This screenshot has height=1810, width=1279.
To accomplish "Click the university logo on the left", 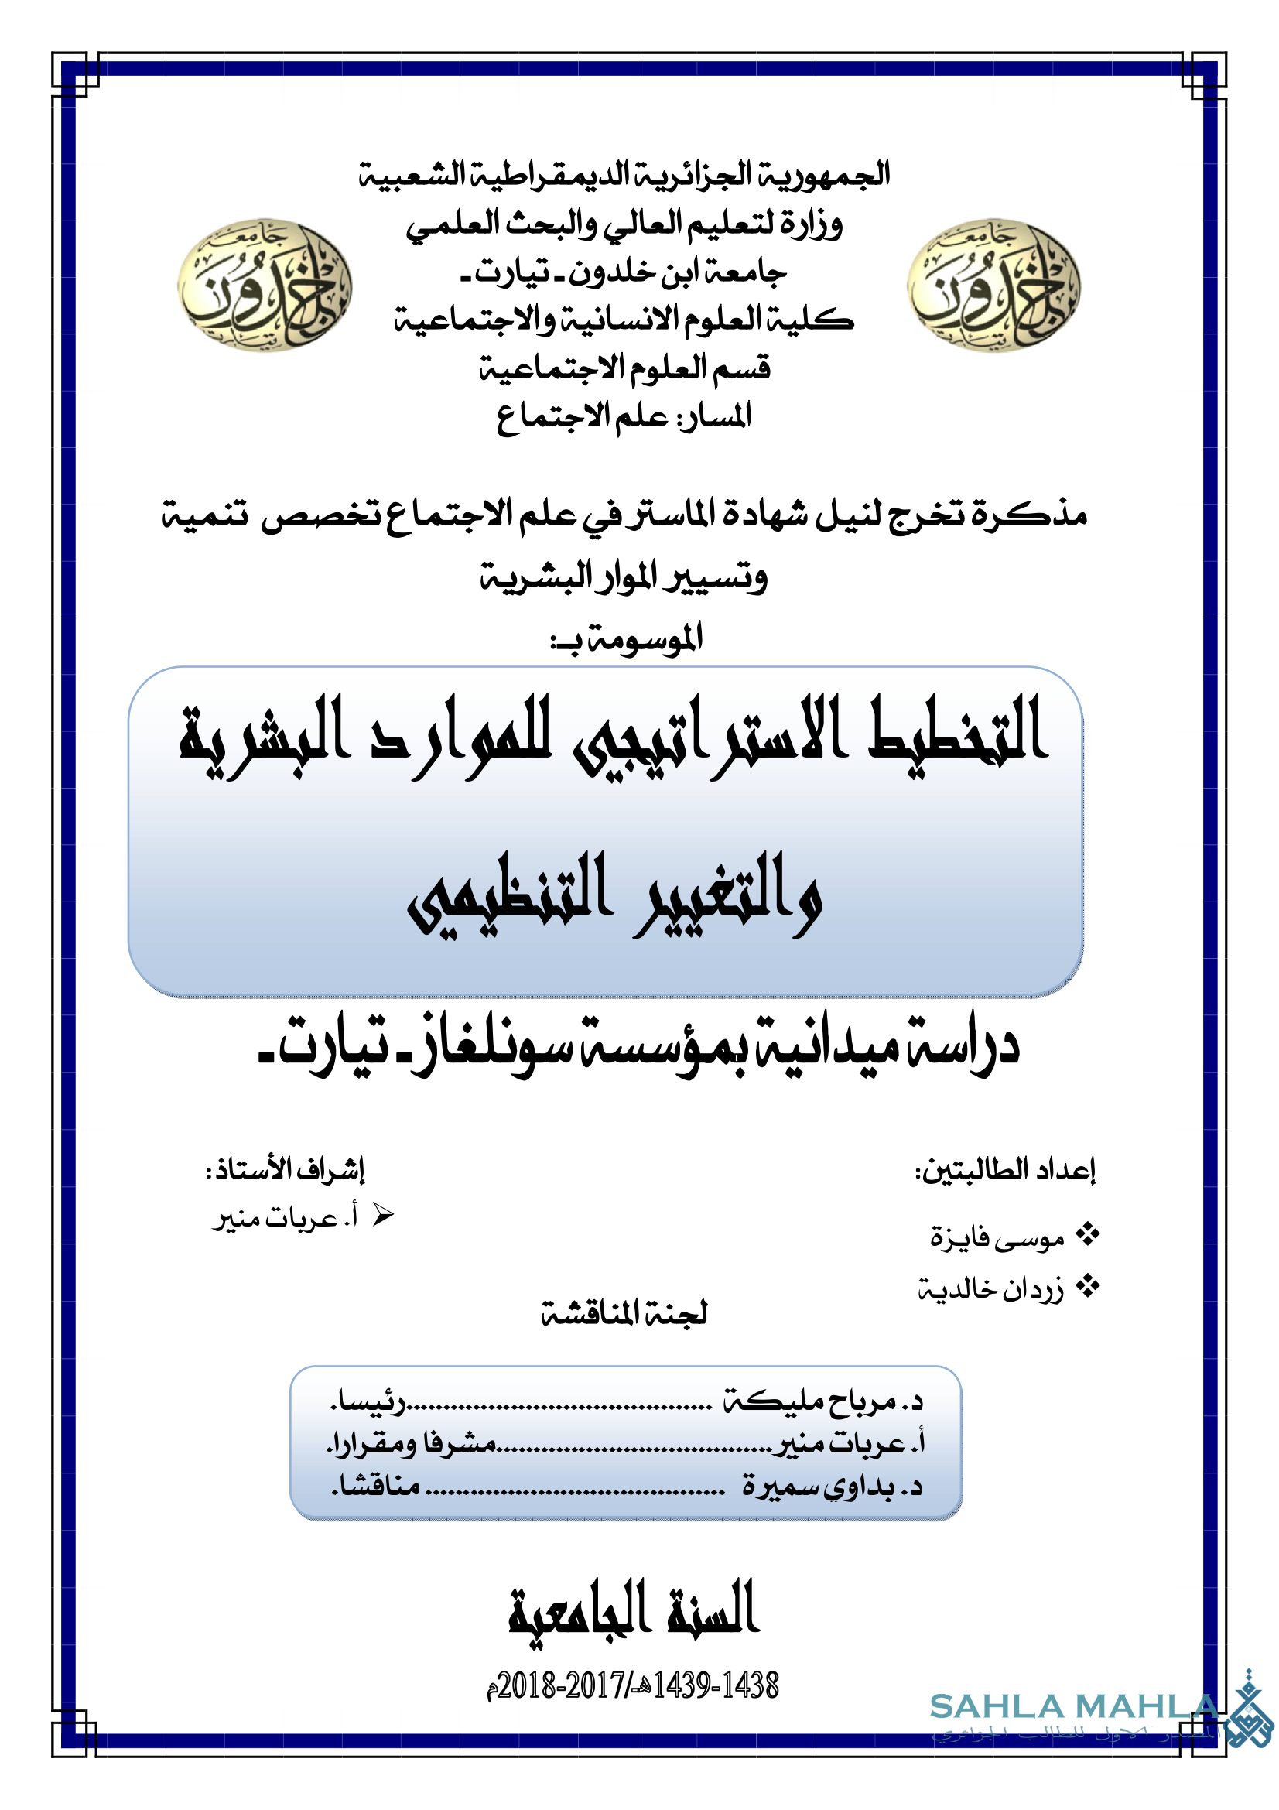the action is pyautogui.click(x=265, y=285).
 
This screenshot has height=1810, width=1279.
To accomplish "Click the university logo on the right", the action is pyautogui.click(x=993, y=285).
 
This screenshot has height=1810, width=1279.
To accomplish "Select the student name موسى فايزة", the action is pyautogui.click(x=997, y=1237).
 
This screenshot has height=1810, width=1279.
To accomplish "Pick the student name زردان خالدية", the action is pyautogui.click(x=990, y=1290).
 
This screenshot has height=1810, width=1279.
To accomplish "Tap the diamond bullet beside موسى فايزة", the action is pyautogui.click(x=1088, y=1234).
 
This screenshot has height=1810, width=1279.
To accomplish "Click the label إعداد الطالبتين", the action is pyautogui.click(x=1006, y=1170).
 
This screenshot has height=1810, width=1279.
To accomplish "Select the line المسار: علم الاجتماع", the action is pyautogui.click(x=624, y=416).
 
